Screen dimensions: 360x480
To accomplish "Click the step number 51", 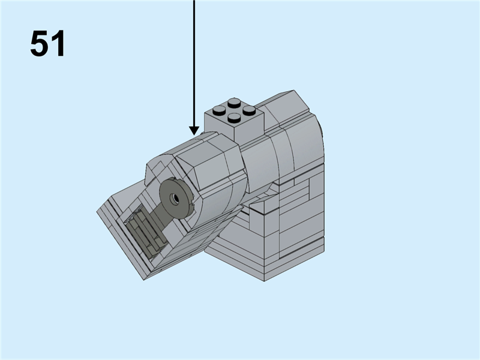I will [x=47, y=44].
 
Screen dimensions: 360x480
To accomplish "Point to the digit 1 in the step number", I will [x=58, y=44].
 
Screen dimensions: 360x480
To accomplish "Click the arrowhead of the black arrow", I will [x=194, y=130].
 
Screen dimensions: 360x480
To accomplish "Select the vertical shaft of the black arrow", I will [x=194, y=60].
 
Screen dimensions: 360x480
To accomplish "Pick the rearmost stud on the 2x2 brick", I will [x=235, y=102].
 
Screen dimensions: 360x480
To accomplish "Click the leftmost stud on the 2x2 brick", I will [x=219, y=110].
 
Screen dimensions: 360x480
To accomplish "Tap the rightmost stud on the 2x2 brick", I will [x=250, y=110].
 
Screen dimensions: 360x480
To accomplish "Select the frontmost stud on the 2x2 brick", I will [x=234, y=118].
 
